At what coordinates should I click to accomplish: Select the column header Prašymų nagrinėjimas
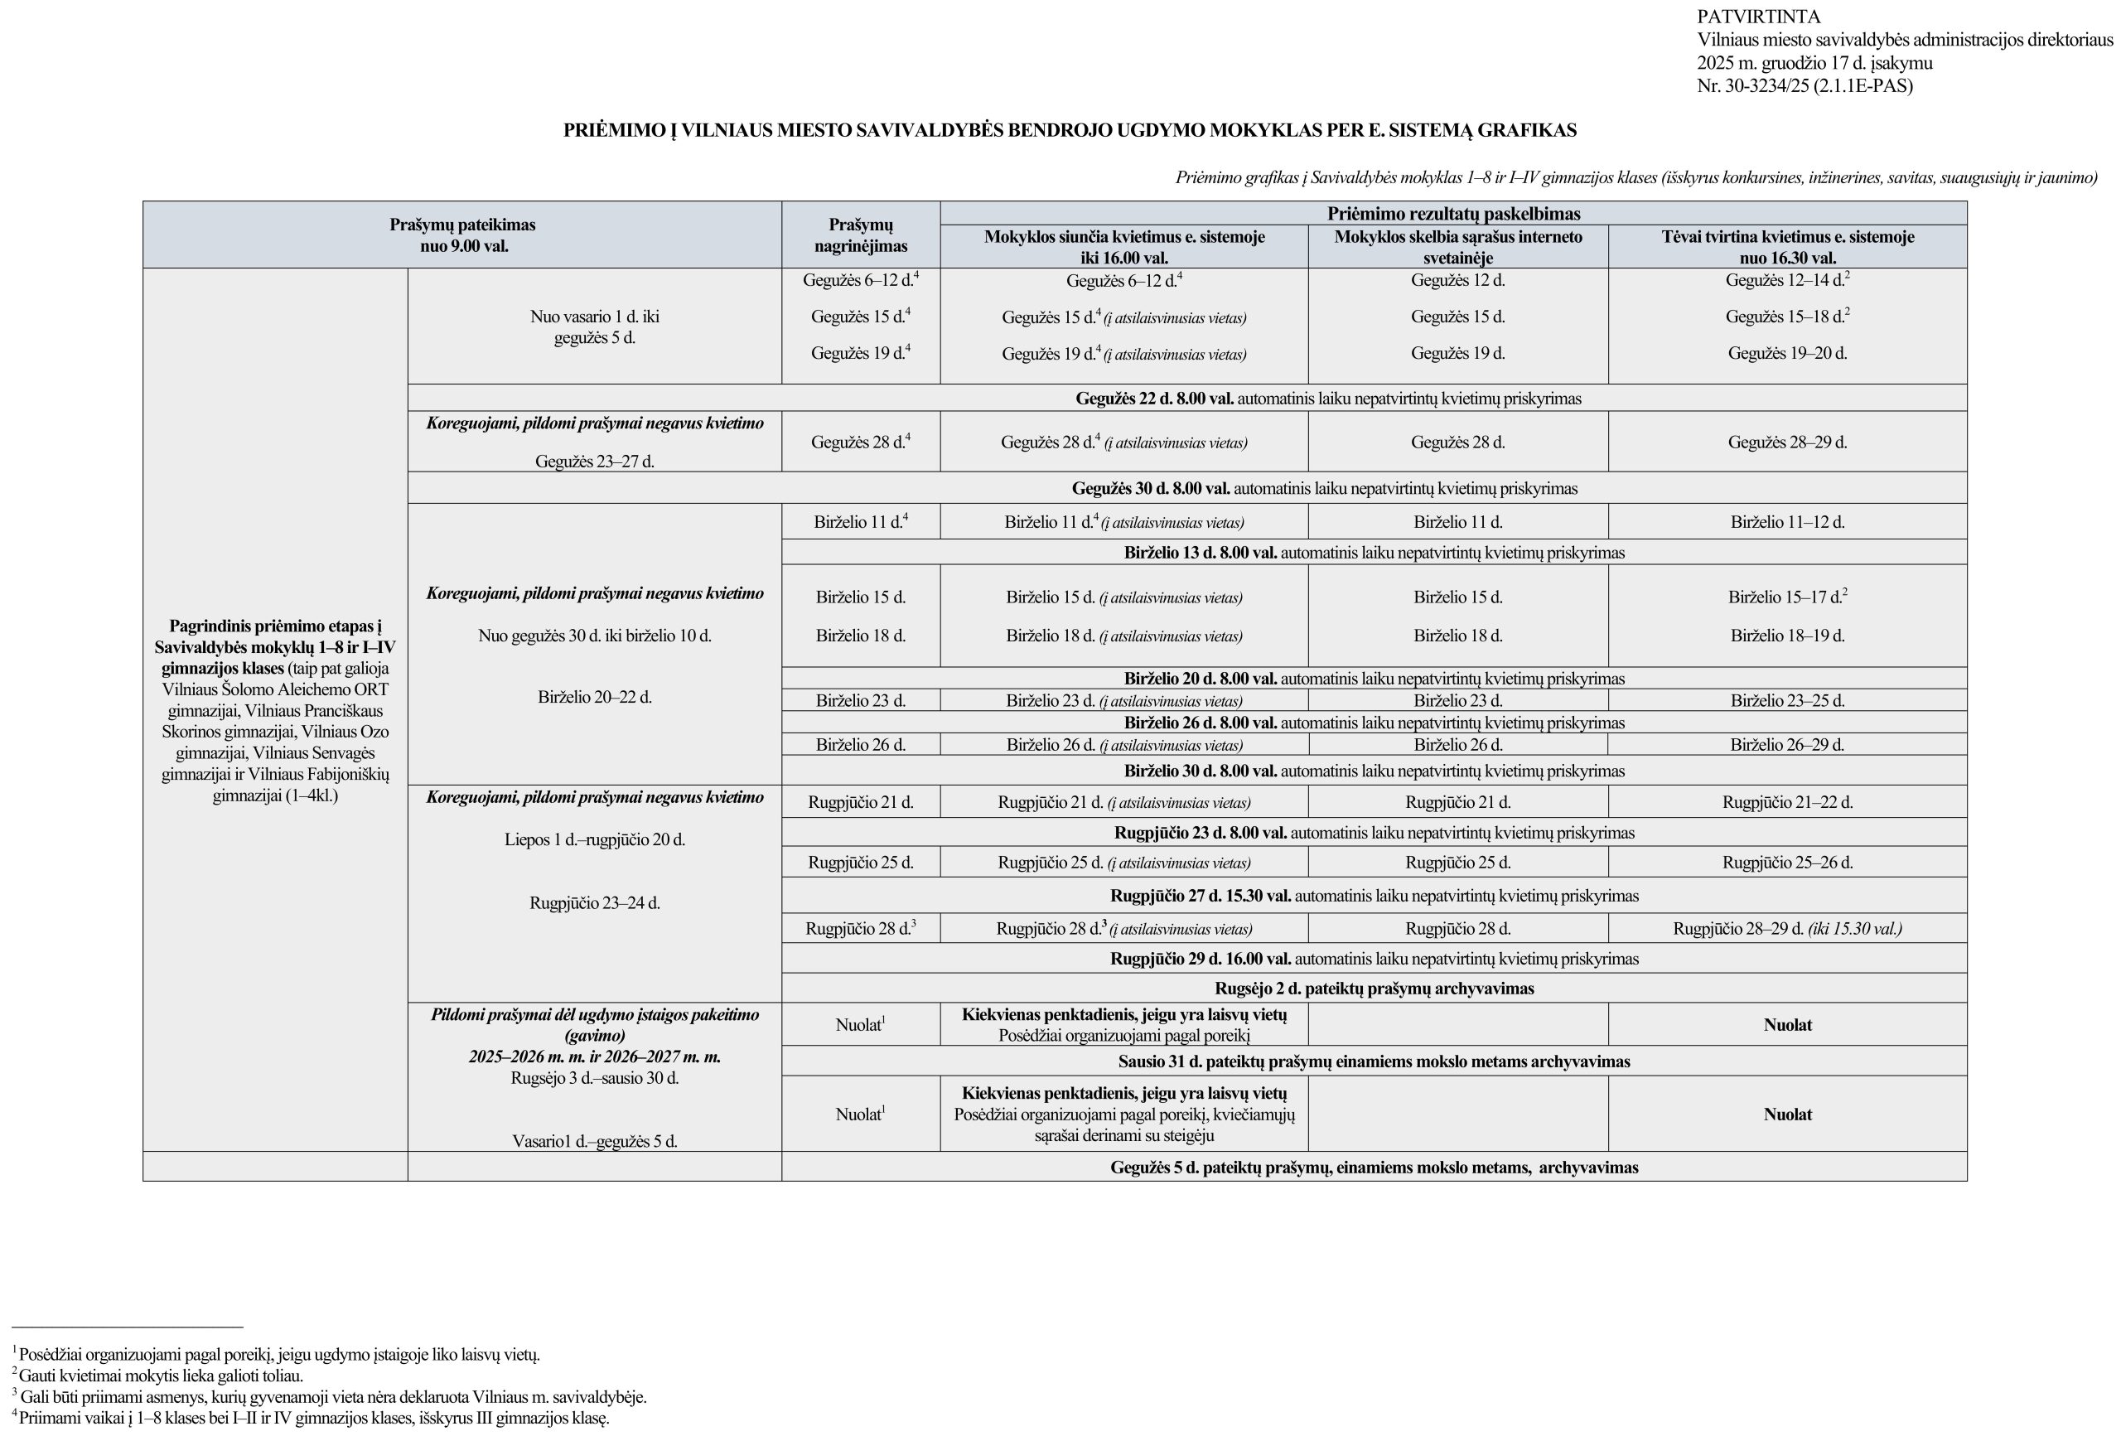861,234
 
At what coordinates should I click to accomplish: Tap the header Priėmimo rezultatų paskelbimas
1454,214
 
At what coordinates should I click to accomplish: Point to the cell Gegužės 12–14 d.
1786,281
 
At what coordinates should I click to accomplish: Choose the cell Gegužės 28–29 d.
1787,442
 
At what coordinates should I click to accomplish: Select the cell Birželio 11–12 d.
1787,523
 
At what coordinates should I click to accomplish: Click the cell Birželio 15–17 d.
1786,598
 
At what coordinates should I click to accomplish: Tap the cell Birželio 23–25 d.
1787,701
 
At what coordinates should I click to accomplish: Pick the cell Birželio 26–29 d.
1787,745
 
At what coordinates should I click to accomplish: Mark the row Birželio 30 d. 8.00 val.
1374,771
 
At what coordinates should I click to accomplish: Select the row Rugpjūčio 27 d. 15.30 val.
1374,897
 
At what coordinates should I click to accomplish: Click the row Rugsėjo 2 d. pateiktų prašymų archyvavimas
1374,989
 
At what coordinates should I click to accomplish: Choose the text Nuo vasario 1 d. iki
594,317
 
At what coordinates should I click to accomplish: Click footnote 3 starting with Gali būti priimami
333,1397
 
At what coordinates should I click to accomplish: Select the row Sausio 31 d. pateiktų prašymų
1374,1061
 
